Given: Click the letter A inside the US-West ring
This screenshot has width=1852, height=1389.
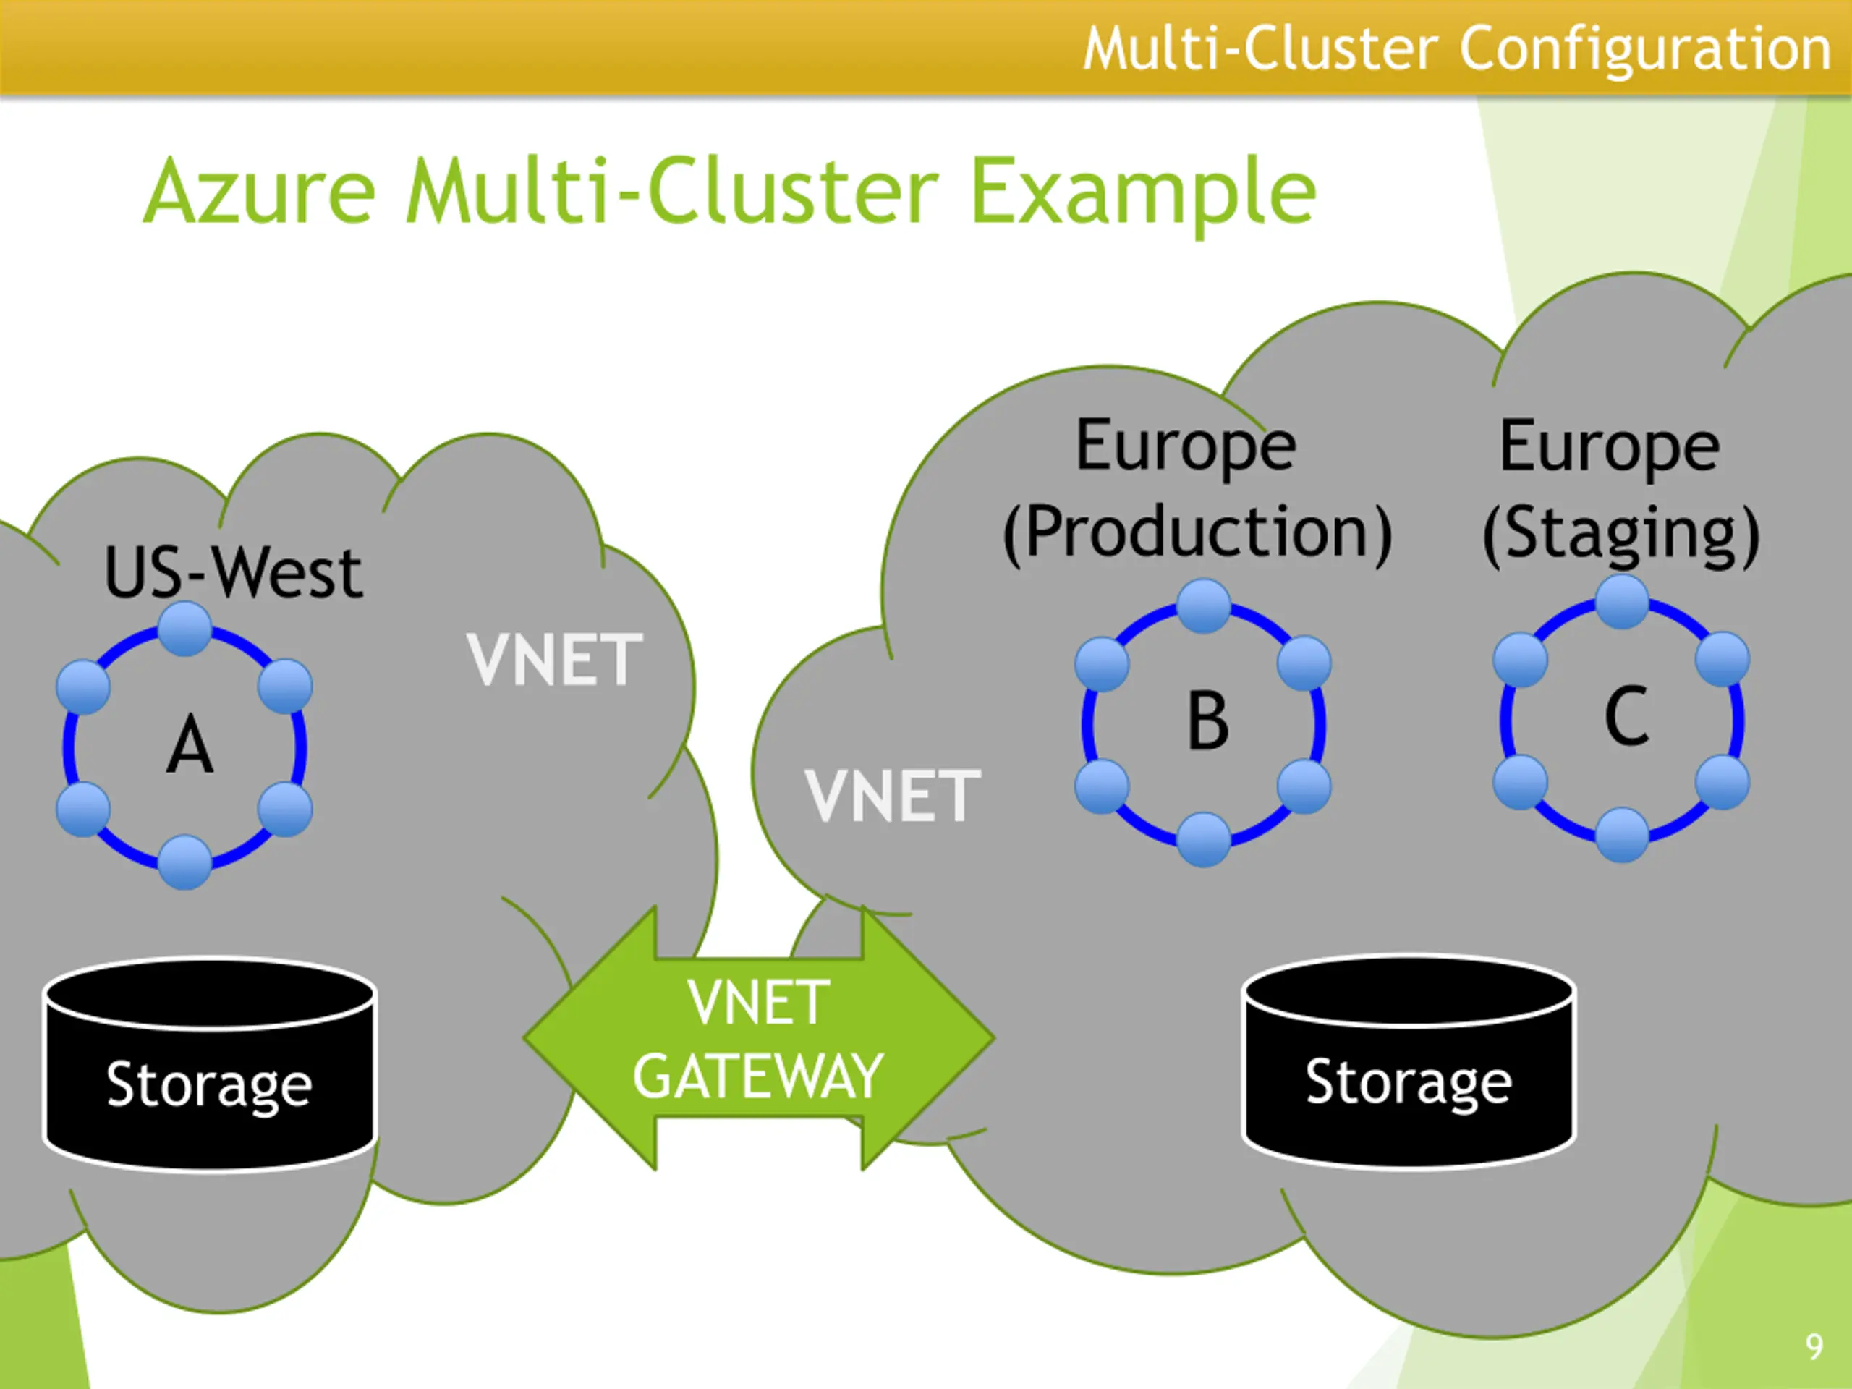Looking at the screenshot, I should (190, 745).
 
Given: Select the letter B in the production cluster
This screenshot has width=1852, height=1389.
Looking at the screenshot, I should (1207, 722).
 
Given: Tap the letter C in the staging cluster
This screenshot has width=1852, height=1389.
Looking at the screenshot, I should (1626, 717).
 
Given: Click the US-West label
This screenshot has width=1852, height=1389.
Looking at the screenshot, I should (234, 573).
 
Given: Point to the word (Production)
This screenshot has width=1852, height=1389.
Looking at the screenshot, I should (1197, 532).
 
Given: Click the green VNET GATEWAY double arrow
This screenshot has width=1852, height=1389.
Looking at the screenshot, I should (759, 1038).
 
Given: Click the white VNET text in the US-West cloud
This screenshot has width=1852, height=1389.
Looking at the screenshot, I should (554, 660).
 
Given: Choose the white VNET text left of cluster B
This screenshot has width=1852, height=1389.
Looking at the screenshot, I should (893, 795).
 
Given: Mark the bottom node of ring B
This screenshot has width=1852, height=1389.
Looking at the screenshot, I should (1204, 839).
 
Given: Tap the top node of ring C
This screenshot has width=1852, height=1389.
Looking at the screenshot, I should (1623, 601).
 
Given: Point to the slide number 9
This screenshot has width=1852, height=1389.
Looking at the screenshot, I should (1814, 1346).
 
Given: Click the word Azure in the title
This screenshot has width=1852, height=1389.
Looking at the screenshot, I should (260, 192).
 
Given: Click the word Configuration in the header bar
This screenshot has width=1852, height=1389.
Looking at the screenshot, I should (1646, 48).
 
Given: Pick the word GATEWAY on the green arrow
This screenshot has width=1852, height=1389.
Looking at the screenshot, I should (759, 1076).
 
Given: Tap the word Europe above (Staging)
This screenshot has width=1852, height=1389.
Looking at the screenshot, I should (1609, 447).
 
